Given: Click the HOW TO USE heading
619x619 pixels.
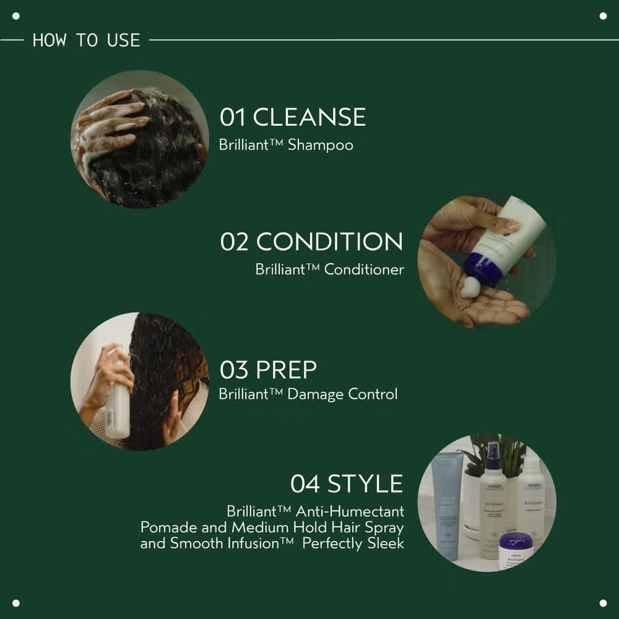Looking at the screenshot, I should pyautogui.click(x=86, y=40).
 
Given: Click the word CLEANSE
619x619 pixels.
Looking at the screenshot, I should pyautogui.click(x=309, y=117).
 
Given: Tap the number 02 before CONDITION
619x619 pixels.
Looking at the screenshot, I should pyautogui.click(x=235, y=241).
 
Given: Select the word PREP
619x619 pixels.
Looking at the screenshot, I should pyautogui.click(x=286, y=370).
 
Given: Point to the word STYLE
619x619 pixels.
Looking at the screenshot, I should pyautogui.click(x=365, y=484).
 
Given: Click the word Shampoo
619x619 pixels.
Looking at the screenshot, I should pyautogui.click(x=321, y=145).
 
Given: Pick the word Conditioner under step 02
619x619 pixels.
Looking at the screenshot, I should pyautogui.click(x=364, y=269).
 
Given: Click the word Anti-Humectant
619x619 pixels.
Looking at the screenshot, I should pyautogui.click(x=349, y=511).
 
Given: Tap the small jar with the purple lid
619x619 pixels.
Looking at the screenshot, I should pyautogui.click(x=515, y=550).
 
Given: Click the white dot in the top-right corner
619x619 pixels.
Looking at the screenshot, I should pyautogui.click(x=603, y=16).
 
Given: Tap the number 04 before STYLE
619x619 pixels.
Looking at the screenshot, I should pyautogui.click(x=305, y=484).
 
